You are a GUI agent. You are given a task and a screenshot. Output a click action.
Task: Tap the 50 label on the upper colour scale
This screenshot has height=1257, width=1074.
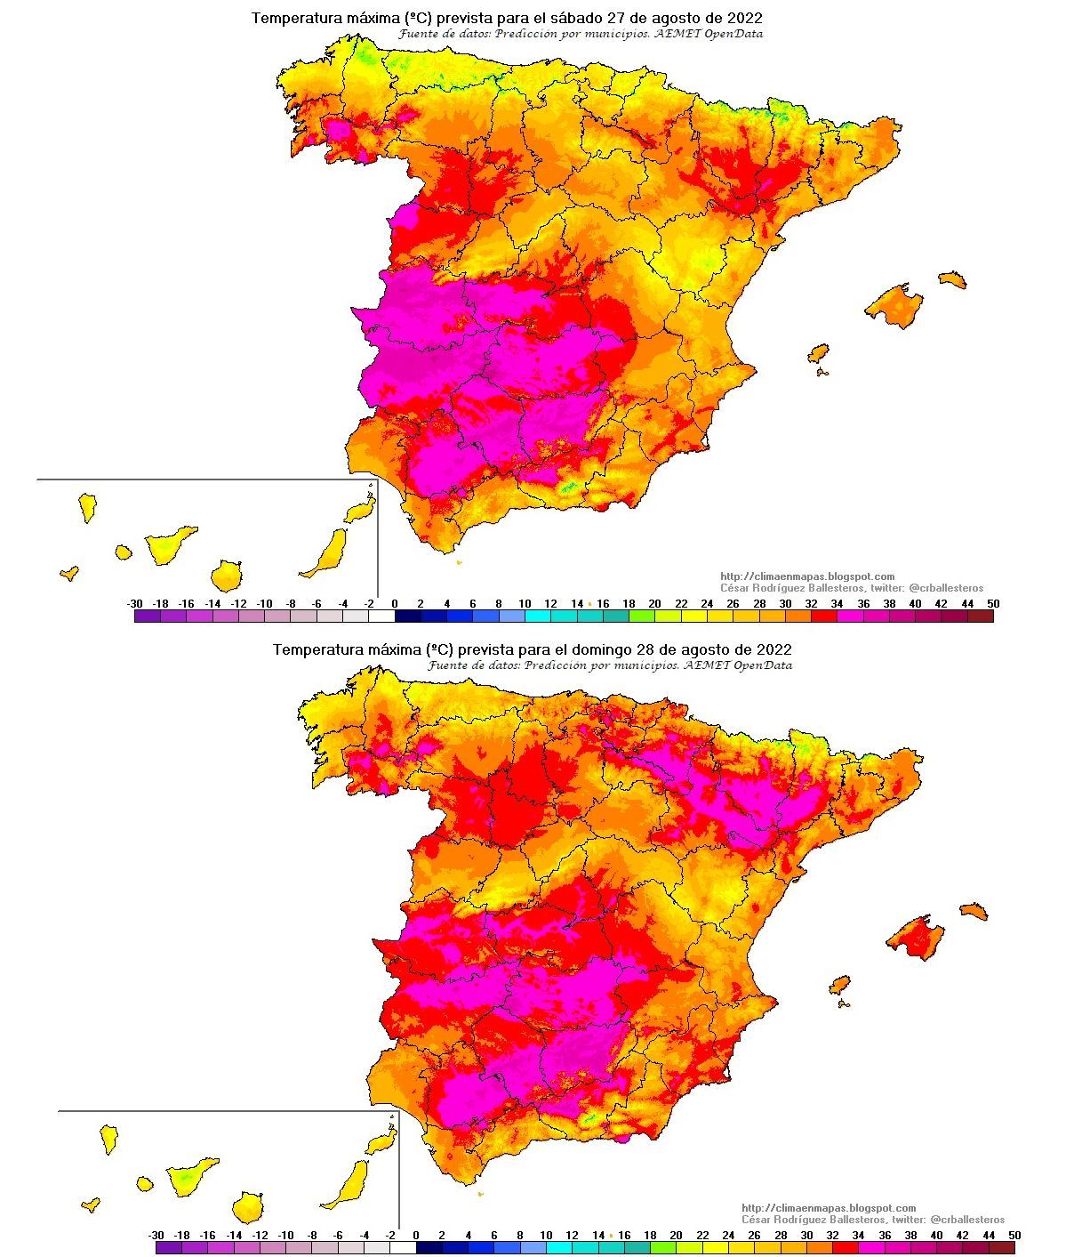click(x=993, y=604)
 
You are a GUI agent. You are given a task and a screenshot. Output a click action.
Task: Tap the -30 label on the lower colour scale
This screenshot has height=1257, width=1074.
click(x=156, y=1236)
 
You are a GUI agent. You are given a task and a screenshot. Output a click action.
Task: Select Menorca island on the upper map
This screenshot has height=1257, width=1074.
click(x=951, y=279)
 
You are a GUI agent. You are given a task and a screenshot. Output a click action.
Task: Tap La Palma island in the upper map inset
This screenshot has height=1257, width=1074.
click(x=87, y=507)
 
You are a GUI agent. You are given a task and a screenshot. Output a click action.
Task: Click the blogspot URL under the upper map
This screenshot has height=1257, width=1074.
click(x=806, y=576)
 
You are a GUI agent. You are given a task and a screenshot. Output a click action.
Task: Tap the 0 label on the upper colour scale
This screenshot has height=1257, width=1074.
click(x=395, y=604)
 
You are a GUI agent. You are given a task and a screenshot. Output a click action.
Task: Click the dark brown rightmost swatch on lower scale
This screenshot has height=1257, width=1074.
click(x=1001, y=1248)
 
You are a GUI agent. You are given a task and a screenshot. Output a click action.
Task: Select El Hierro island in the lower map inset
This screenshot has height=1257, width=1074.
click(x=90, y=1205)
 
